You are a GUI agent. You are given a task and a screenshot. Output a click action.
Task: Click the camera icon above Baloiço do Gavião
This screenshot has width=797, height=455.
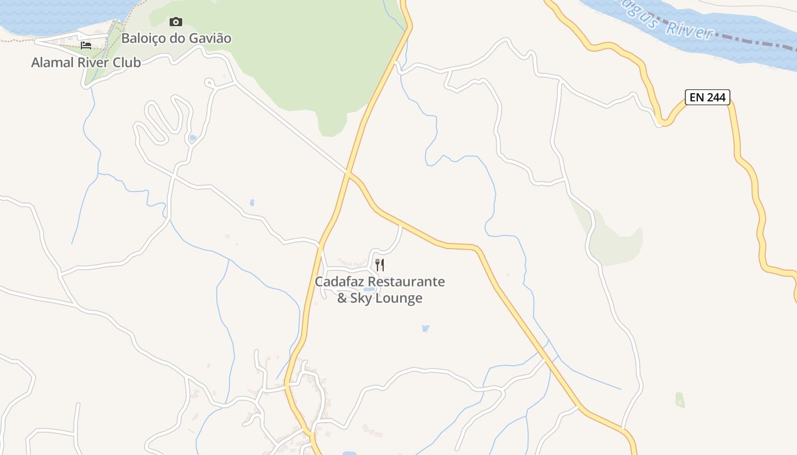176,22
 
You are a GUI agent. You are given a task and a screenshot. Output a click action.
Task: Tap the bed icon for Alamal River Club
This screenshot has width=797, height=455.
86,45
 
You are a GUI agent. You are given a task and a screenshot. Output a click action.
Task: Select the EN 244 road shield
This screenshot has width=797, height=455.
707,97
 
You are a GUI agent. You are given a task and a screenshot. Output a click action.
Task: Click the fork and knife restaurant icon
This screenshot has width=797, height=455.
380,264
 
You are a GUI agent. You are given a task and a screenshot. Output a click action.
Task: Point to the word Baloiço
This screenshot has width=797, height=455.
145,39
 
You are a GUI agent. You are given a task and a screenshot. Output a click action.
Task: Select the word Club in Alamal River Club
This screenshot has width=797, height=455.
127,63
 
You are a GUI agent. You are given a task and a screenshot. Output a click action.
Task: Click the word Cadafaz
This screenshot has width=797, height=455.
340,282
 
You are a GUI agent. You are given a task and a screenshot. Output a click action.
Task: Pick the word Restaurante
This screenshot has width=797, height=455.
406,282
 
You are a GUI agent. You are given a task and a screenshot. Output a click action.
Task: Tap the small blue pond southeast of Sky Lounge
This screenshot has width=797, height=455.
425,328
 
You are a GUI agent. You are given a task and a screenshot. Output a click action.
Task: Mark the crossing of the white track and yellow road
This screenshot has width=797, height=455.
347,171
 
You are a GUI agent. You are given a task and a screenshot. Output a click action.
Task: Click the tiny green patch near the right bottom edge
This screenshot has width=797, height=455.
680,399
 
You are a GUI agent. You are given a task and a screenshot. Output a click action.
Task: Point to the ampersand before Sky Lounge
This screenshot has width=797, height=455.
342,298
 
